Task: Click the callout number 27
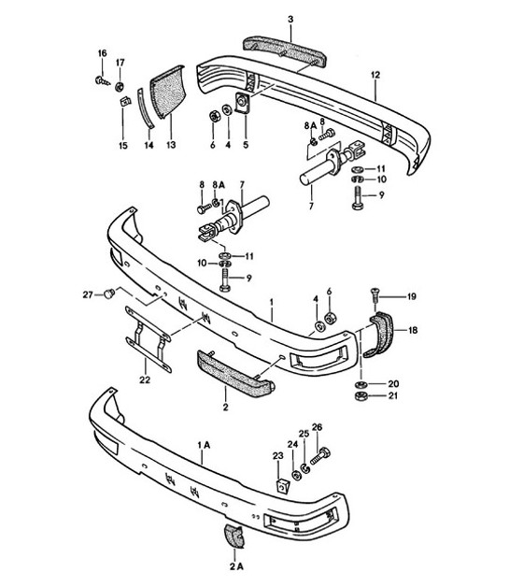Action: tap(88, 294)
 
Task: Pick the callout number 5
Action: tap(246, 145)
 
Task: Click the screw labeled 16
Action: tap(101, 83)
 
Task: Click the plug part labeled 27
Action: tap(110, 294)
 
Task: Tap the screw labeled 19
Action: tap(375, 297)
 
